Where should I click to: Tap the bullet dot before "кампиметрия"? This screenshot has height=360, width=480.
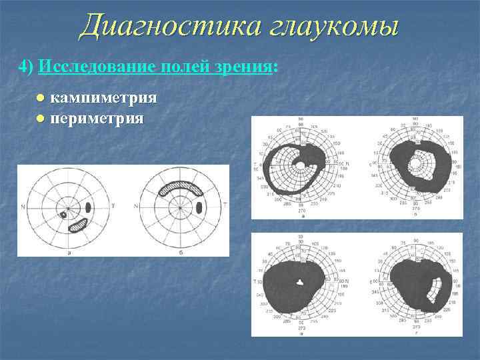(x=41, y=98)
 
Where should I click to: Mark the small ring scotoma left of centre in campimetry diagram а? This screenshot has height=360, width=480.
(x=63, y=214)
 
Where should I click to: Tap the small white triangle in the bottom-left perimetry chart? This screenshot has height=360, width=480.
(x=300, y=281)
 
